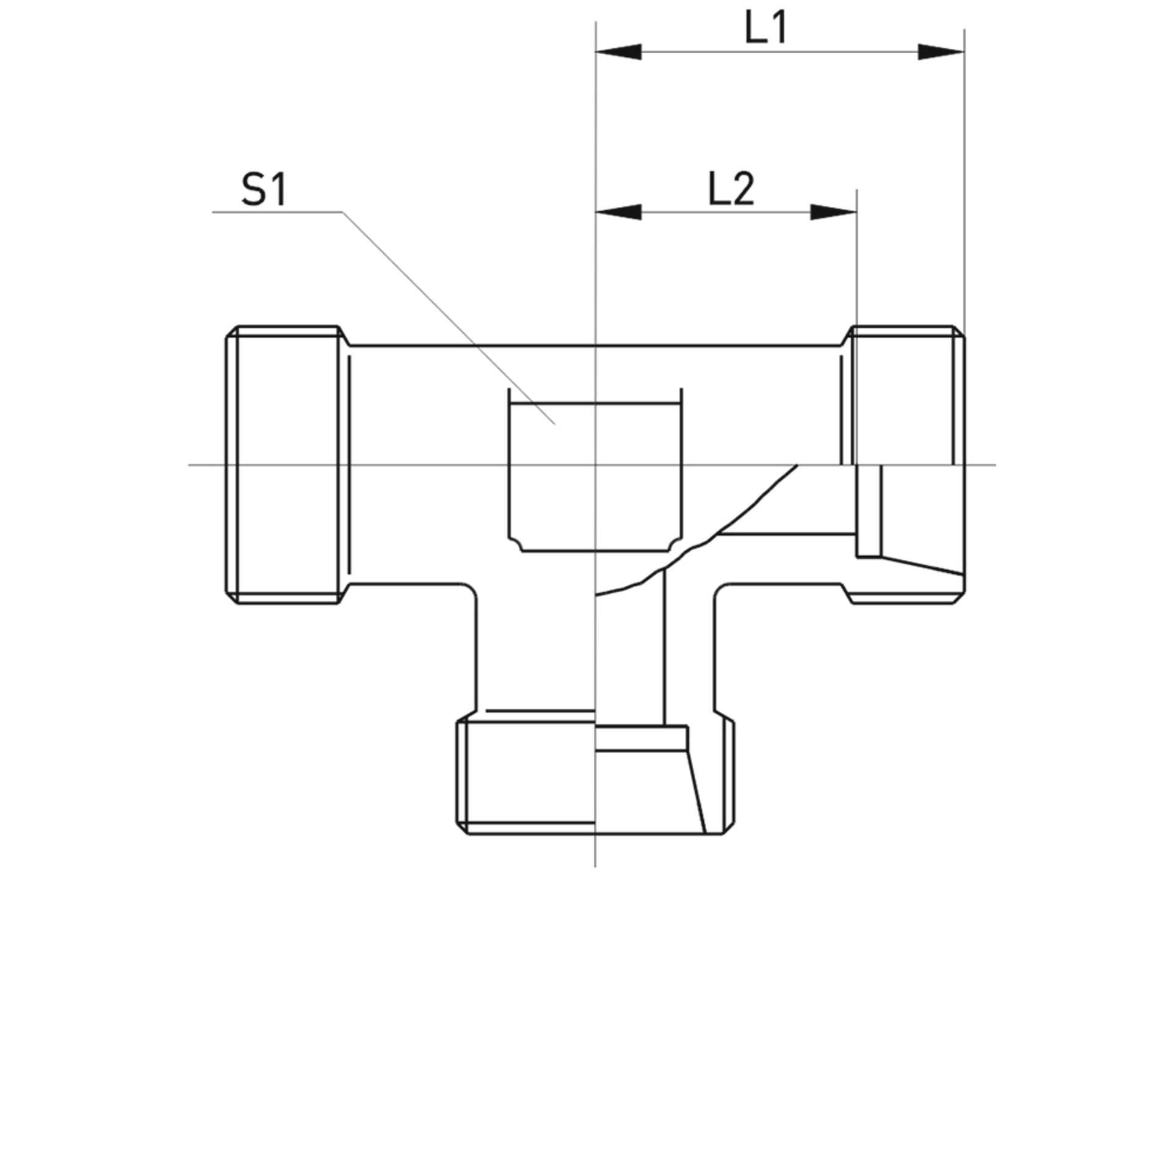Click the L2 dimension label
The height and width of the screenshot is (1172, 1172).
tap(731, 189)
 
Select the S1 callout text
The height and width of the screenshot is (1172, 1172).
tap(263, 192)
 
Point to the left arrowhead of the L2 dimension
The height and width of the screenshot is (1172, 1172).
tap(618, 212)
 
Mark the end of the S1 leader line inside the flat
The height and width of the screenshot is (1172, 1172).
tap(554, 423)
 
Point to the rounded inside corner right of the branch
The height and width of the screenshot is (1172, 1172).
tap(722, 590)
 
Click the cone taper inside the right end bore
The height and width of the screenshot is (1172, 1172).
tap(922, 565)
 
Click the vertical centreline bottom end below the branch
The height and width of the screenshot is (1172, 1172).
tap(595, 864)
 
